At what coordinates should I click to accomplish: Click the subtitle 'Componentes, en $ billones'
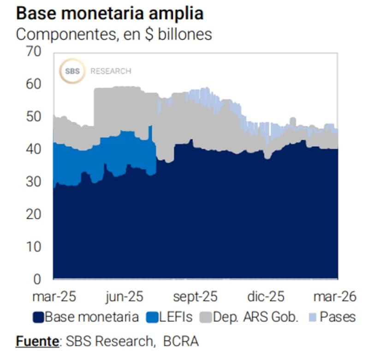[x=114, y=34]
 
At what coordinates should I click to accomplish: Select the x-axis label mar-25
[x=54, y=296]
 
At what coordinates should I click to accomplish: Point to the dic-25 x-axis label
[x=266, y=296]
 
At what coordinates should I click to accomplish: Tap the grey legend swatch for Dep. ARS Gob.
[x=206, y=317]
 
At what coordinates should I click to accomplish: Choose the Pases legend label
[x=338, y=317]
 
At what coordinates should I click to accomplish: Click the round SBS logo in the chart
[x=72, y=71]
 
